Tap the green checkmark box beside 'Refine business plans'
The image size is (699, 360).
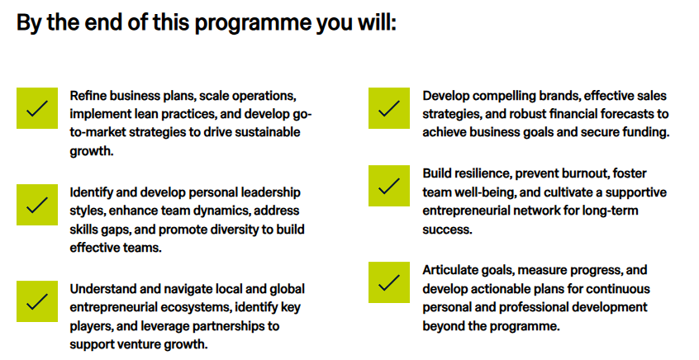pos(37,108)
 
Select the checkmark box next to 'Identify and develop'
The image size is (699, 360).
pos(37,205)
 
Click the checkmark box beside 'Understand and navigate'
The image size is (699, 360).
pos(37,301)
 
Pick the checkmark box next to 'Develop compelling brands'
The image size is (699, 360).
pos(389,108)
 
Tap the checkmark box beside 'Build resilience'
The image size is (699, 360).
pos(389,186)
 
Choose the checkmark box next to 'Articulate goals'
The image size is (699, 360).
pos(389,282)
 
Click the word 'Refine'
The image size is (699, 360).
pos(88,96)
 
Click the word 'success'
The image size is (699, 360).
pos(447,230)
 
